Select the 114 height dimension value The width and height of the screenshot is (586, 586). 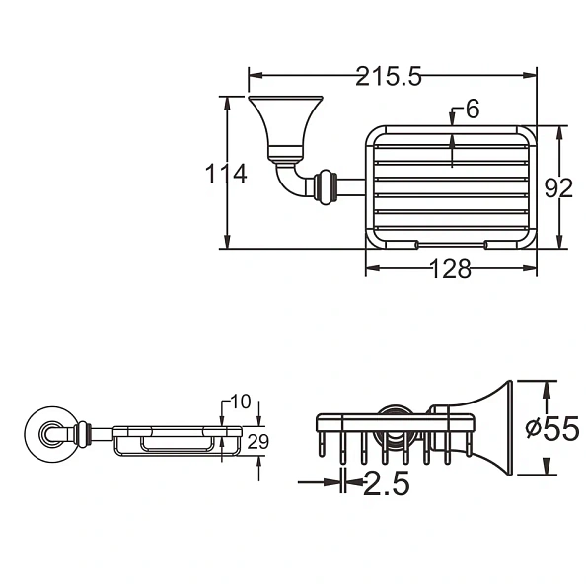tap(226, 174)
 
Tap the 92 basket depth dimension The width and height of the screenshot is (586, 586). tap(558, 186)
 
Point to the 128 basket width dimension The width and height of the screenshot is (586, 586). tap(451, 269)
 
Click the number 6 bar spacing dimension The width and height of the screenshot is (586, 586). tap(472, 110)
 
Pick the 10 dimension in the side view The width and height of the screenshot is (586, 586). tap(240, 403)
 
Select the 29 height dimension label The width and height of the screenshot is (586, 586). tap(256, 442)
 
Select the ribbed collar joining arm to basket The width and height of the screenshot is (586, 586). tap(326, 185)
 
